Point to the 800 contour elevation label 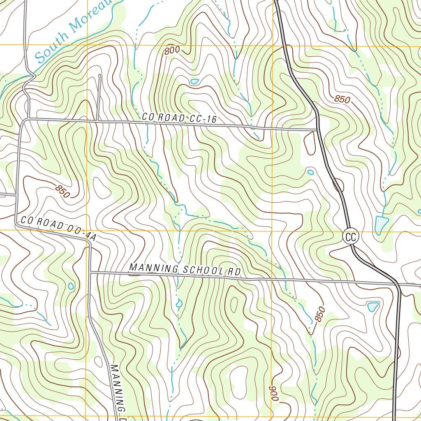[x=172, y=51]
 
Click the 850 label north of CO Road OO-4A [x=62, y=191]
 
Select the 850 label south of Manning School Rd [x=319, y=315]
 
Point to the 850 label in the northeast [x=342, y=99]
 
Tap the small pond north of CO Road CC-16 [x=194, y=81]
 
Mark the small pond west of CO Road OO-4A [x=71, y=285]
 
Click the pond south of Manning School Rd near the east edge [x=373, y=306]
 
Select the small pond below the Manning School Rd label [x=179, y=304]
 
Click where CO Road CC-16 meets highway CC [x=318, y=130]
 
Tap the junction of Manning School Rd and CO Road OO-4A [x=90, y=272]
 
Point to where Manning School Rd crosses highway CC [x=398, y=284]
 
